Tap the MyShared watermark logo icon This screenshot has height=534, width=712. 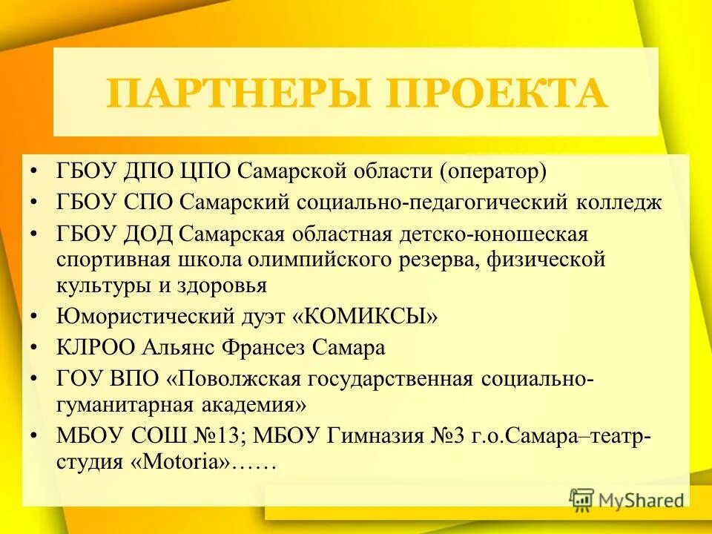582,500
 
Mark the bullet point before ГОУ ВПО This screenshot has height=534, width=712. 35,379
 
